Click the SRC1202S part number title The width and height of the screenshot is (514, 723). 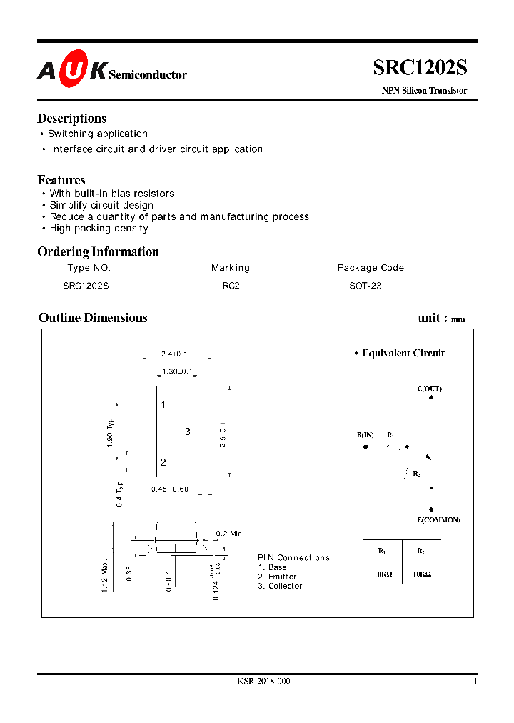click(x=420, y=67)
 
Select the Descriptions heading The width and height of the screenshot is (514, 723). click(x=71, y=119)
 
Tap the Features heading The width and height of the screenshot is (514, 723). click(x=61, y=180)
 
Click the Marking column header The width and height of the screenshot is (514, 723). click(x=230, y=268)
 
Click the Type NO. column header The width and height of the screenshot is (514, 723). click(x=89, y=268)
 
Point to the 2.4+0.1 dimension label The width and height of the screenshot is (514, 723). click(x=173, y=354)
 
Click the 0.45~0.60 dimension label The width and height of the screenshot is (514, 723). click(x=169, y=489)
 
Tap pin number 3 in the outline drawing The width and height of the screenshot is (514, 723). click(x=188, y=432)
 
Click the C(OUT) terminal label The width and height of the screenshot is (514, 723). click(x=429, y=389)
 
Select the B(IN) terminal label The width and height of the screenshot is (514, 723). click(x=365, y=435)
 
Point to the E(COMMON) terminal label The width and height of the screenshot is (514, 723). click(x=438, y=519)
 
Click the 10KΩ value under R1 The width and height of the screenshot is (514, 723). click(x=383, y=574)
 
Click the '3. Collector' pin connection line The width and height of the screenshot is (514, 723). click(x=280, y=586)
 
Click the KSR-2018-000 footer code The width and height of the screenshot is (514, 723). click(x=263, y=682)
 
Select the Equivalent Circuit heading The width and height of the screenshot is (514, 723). click(x=403, y=353)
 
